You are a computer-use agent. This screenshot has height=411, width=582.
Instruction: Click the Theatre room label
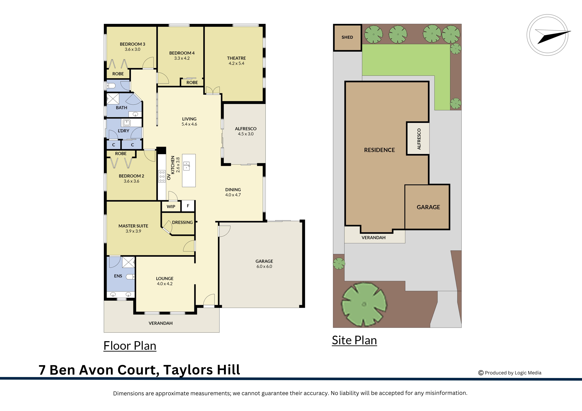(236, 58)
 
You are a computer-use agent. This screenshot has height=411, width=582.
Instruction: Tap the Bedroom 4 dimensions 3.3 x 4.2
(182, 58)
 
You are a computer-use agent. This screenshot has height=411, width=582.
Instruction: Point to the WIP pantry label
(171, 206)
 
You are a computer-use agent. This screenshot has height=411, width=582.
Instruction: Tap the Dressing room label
(182, 222)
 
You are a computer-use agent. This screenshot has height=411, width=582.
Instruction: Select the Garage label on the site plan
(428, 207)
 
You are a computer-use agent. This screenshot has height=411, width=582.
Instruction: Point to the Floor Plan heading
(130, 346)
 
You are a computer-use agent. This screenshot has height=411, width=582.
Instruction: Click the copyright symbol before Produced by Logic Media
(481, 373)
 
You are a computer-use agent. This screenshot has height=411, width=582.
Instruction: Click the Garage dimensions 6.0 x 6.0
(264, 266)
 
